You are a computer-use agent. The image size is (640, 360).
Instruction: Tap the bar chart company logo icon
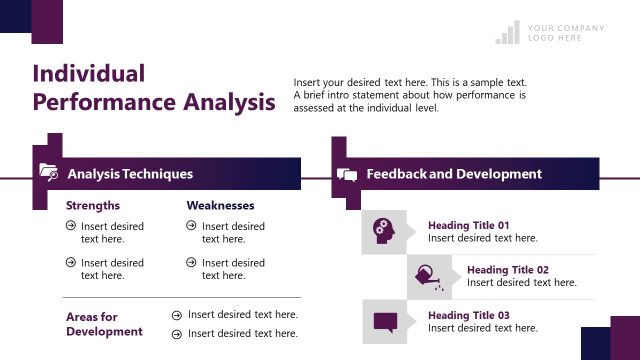coord(507,33)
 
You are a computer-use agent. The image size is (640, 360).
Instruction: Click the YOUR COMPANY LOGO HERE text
coord(566,33)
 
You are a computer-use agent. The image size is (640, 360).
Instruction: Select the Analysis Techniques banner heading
coord(130,174)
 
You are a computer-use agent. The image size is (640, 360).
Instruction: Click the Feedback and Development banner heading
coord(454,174)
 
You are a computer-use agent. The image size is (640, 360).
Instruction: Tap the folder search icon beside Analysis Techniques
coord(48,172)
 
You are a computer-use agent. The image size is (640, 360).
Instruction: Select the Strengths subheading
coord(93,206)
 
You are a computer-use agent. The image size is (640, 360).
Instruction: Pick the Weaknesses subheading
coord(220,206)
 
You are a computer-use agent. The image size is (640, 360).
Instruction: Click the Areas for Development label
coord(105,324)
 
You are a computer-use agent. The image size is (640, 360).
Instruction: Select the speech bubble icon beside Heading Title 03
coord(384,322)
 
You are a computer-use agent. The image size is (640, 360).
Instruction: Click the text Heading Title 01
coord(468,225)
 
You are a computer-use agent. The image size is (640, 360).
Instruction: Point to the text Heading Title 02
coord(507,270)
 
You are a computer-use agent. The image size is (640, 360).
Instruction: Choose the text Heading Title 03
coord(468,315)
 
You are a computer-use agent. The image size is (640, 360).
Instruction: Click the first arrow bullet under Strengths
coord(70,226)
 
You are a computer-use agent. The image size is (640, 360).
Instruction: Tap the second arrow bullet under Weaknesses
coord(191,263)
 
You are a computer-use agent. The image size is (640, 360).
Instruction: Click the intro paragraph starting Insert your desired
coord(410,95)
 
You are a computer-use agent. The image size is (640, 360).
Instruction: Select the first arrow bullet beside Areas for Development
coord(177,314)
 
